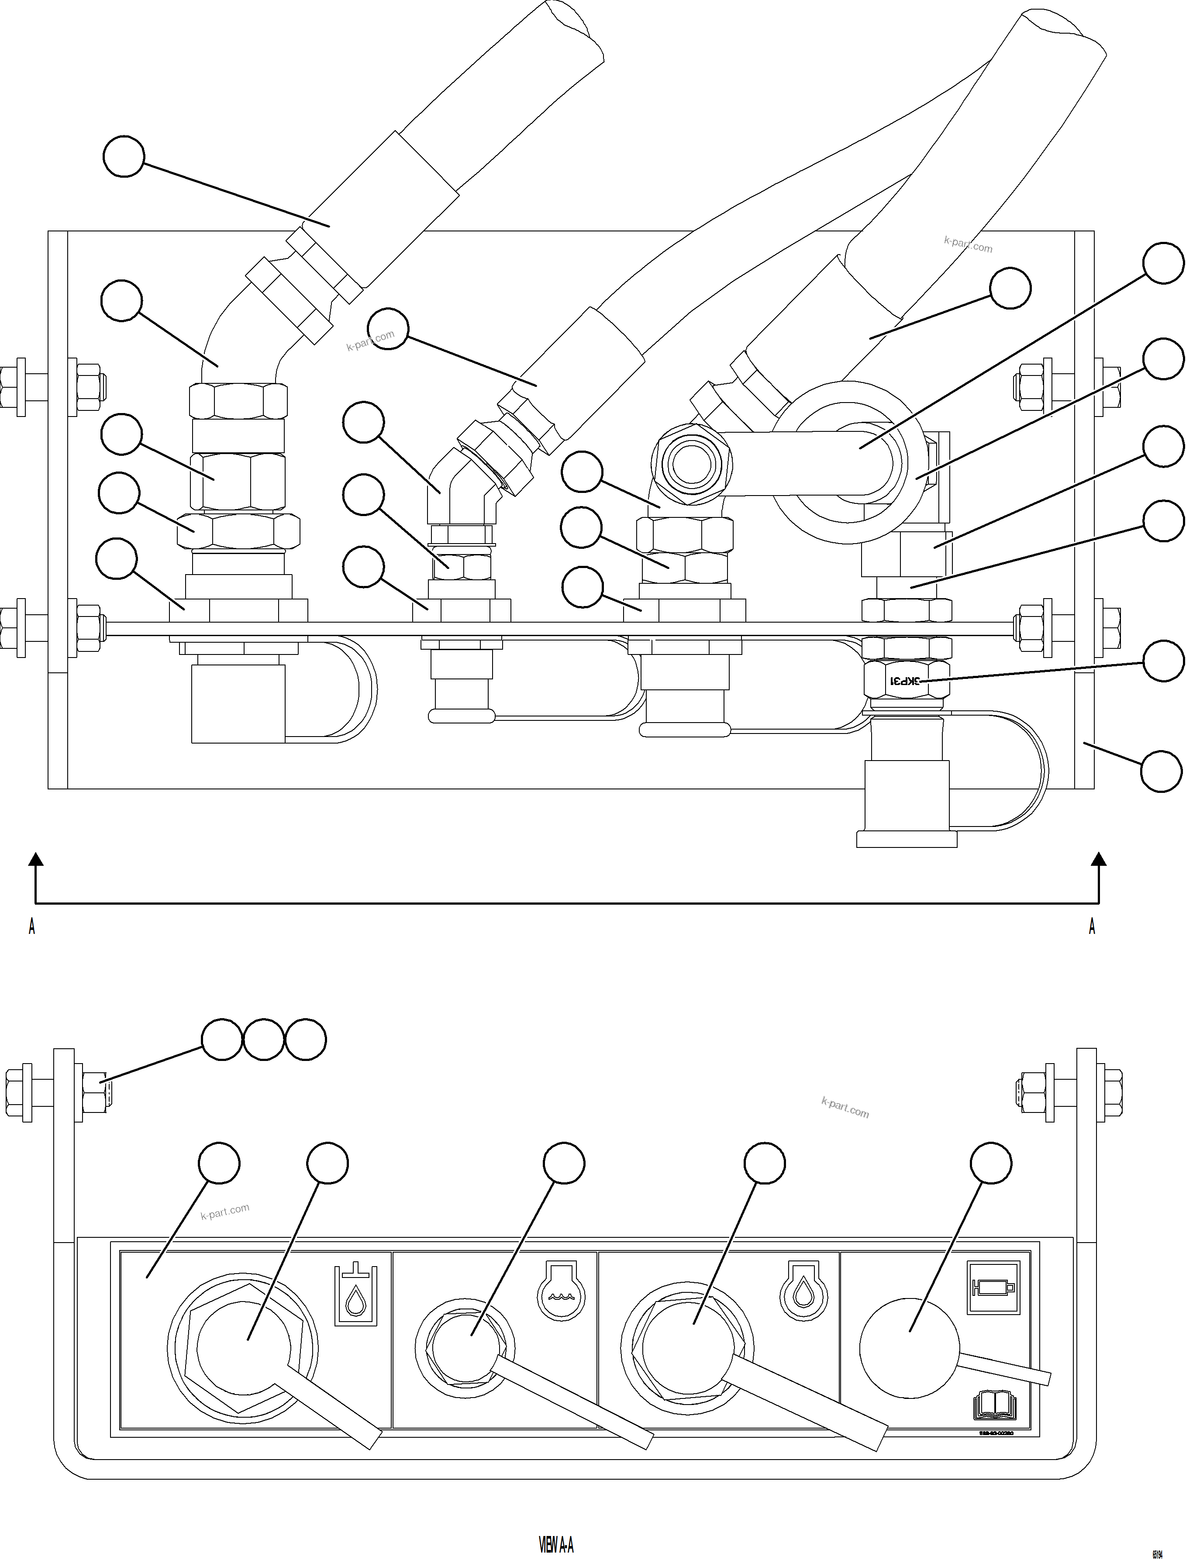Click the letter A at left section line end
click(x=32, y=926)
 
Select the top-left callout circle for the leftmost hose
click(x=124, y=157)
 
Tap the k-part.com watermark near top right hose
click(x=968, y=244)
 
